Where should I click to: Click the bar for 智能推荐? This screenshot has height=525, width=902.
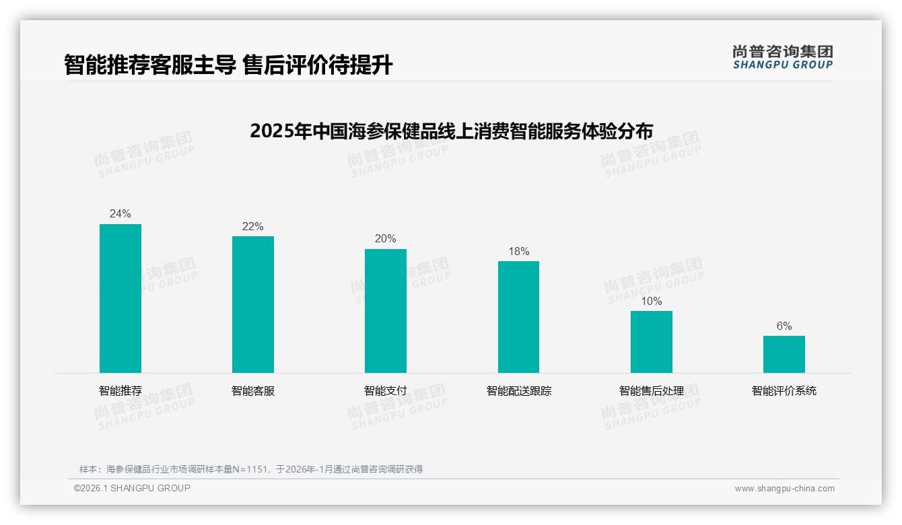pyautogui.click(x=120, y=298)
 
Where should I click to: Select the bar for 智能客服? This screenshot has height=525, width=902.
pyautogui.click(x=253, y=304)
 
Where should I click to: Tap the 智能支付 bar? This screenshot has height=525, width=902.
pyautogui.click(x=386, y=311)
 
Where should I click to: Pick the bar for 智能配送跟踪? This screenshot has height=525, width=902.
pyautogui.click(x=518, y=317)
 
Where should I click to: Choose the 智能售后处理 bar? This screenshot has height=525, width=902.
pyautogui.click(x=651, y=342)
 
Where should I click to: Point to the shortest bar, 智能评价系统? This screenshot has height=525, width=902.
pyautogui.click(x=784, y=354)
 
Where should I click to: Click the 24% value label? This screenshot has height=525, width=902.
pyautogui.click(x=120, y=214)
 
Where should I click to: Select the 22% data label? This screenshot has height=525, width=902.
pyautogui.click(x=253, y=227)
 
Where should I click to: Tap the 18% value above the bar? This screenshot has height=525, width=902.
pyautogui.click(x=518, y=252)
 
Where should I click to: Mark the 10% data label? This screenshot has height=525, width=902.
pyautogui.click(x=651, y=302)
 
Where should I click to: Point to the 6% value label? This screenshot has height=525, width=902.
pyautogui.click(x=784, y=326)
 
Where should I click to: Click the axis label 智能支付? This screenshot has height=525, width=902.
pyautogui.click(x=386, y=391)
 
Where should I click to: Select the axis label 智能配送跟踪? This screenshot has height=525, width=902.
pyautogui.click(x=518, y=391)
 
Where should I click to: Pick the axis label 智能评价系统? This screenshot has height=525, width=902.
pyautogui.click(x=784, y=391)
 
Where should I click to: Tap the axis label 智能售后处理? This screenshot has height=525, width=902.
pyautogui.click(x=651, y=391)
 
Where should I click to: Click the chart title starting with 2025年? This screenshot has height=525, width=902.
pyautogui.click(x=451, y=130)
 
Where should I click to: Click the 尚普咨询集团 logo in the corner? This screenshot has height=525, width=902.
pyautogui.click(x=782, y=57)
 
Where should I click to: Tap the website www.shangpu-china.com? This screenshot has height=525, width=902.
pyautogui.click(x=784, y=489)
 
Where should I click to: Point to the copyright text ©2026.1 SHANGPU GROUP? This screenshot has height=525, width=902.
pyautogui.click(x=132, y=488)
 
